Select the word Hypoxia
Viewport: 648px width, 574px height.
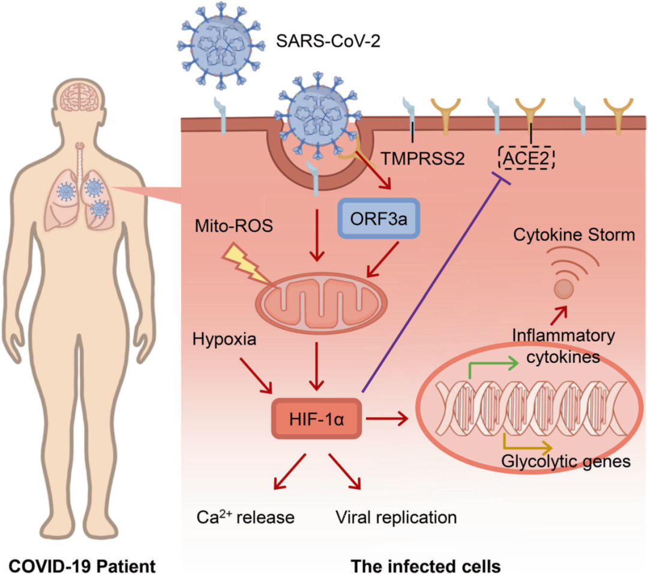coord(225,340)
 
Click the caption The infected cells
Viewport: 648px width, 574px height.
coord(426,564)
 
